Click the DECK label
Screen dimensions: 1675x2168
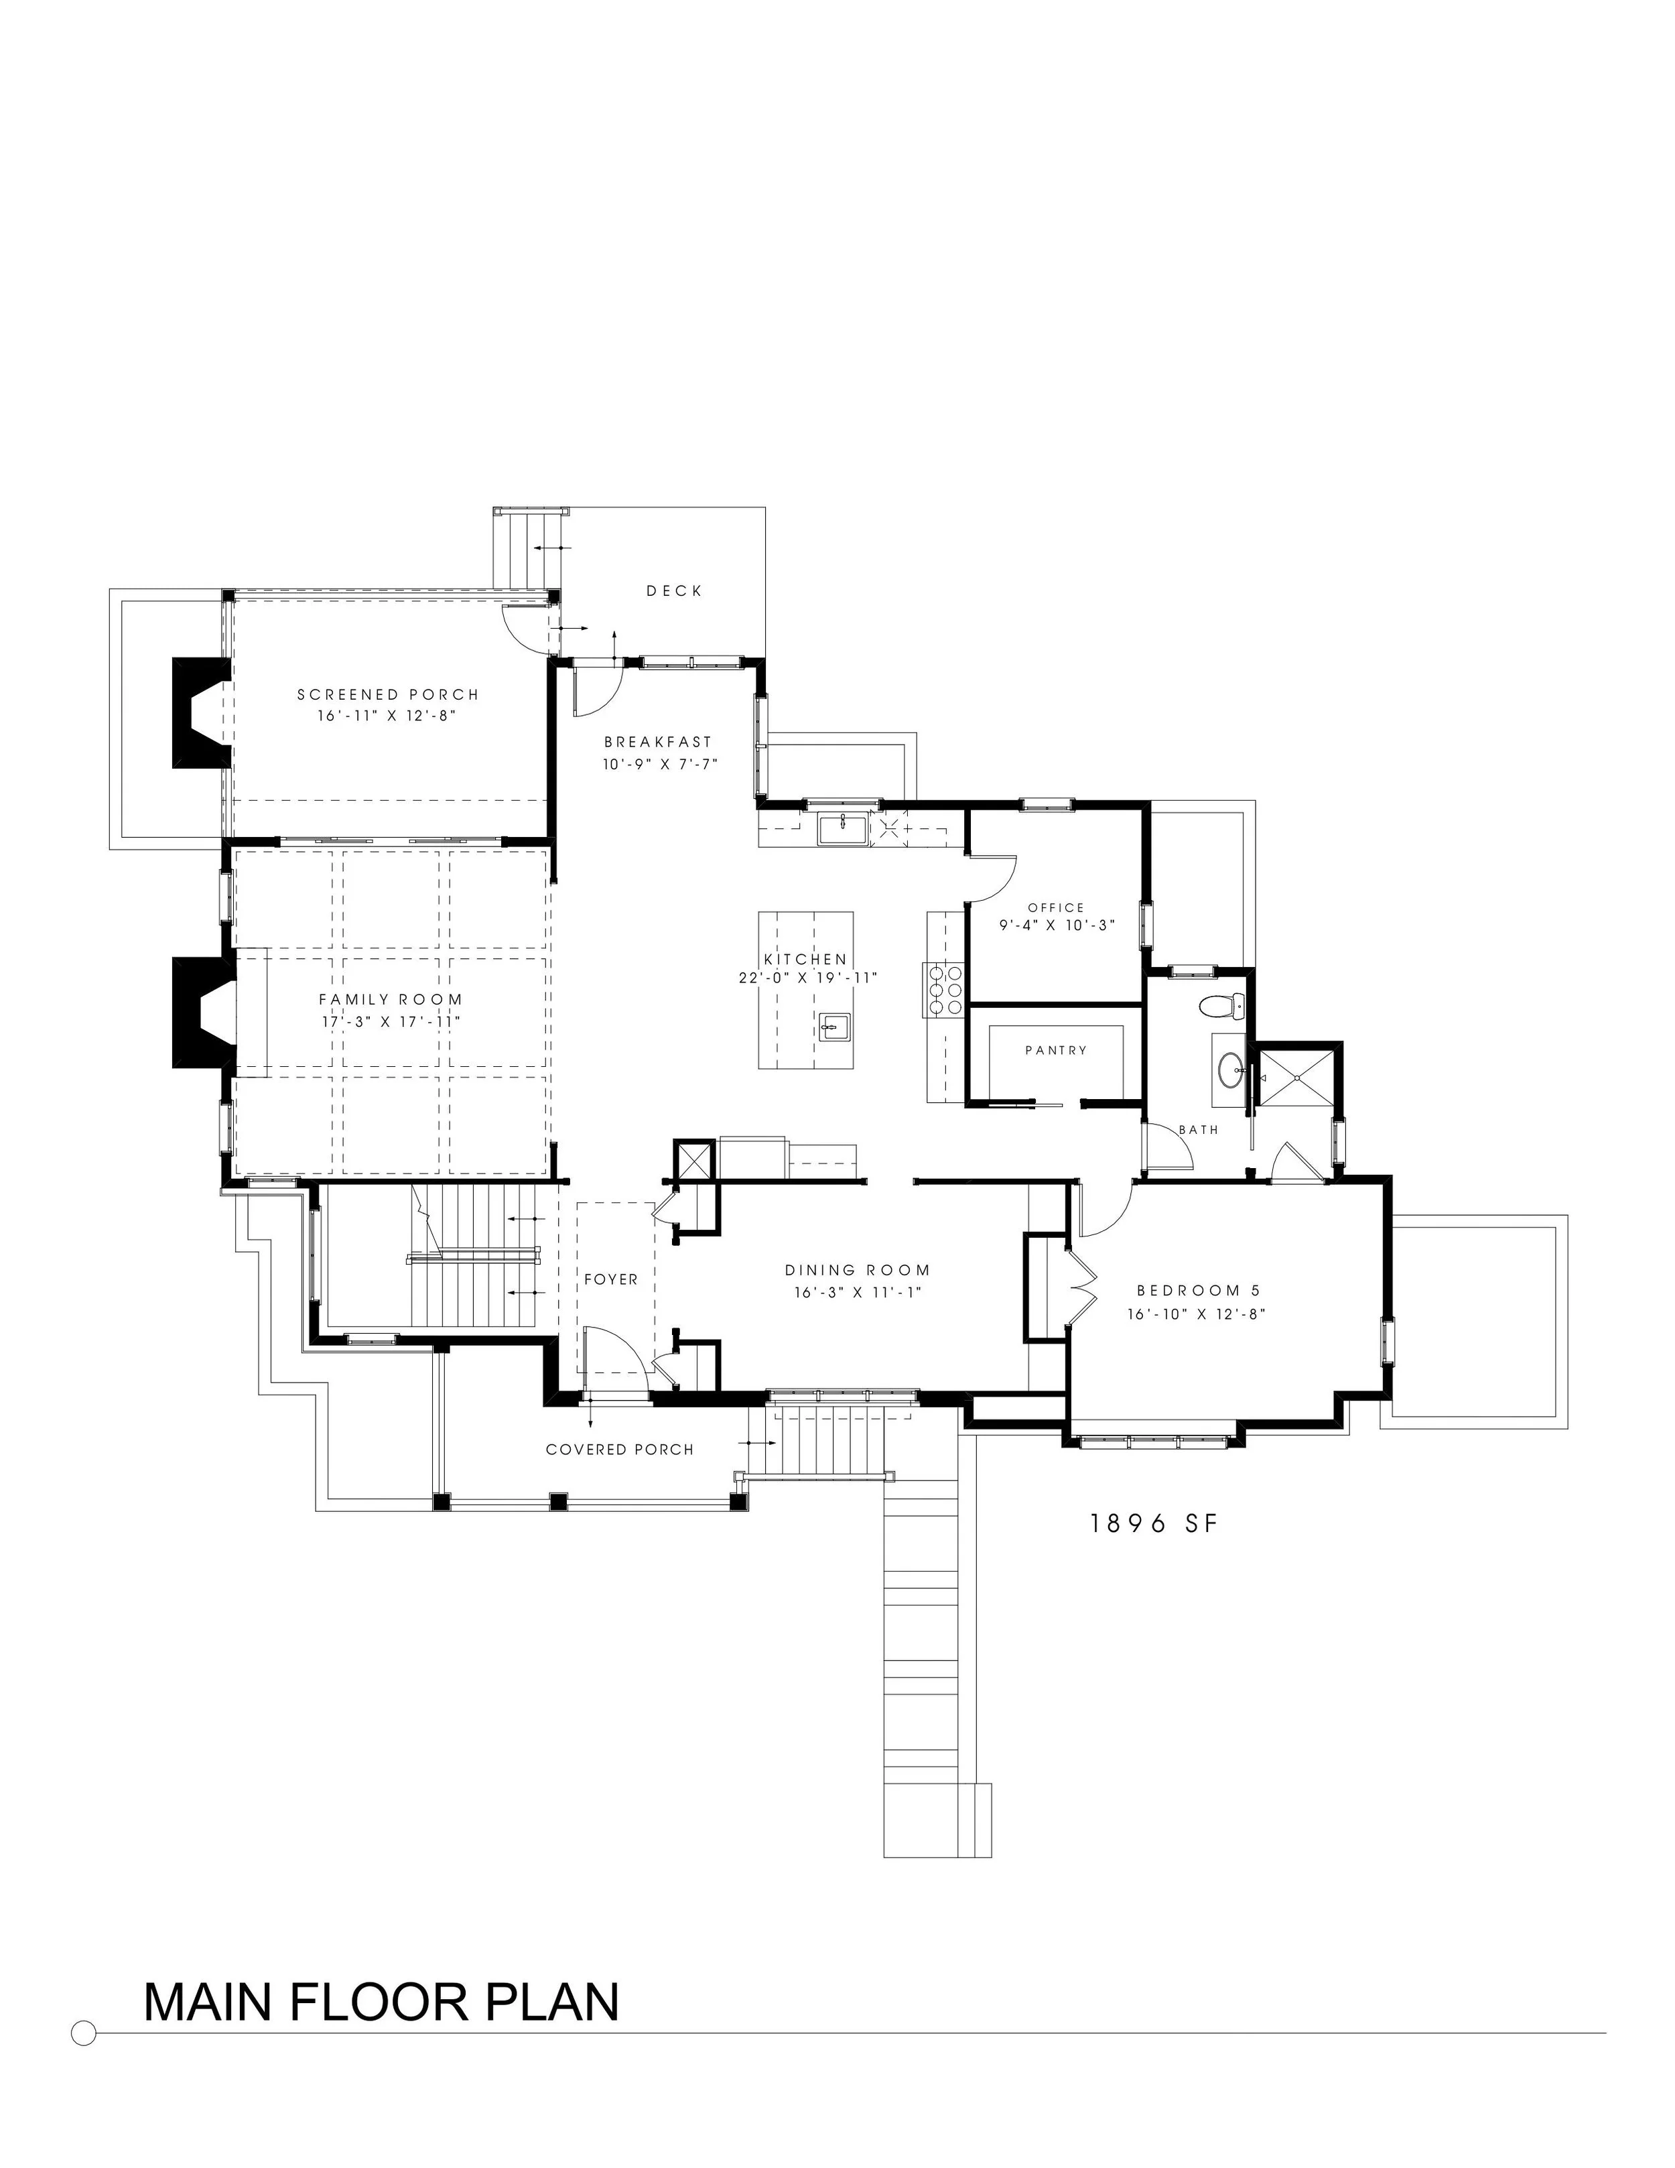pyautogui.click(x=674, y=590)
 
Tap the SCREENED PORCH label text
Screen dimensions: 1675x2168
pyautogui.click(x=388, y=695)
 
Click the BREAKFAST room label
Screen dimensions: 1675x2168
pyautogui.click(x=658, y=741)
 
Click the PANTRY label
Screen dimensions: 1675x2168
pyautogui.click(x=1056, y=1050)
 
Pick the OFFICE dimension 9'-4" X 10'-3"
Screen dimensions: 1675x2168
pyautogui.click(x=1057, y=924)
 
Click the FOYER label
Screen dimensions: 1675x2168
pyautogui.click(x=611, y=1279)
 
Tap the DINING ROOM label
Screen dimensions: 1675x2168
pyautogui.click(x=858, y=1269)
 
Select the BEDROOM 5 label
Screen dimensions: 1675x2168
pyautogui.click(x=1198, y=1291)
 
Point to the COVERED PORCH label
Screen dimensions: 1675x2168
pyautogui.click(x=620, y=1450)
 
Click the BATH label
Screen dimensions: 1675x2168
pyautogui.click(x=1198, y=1130)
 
